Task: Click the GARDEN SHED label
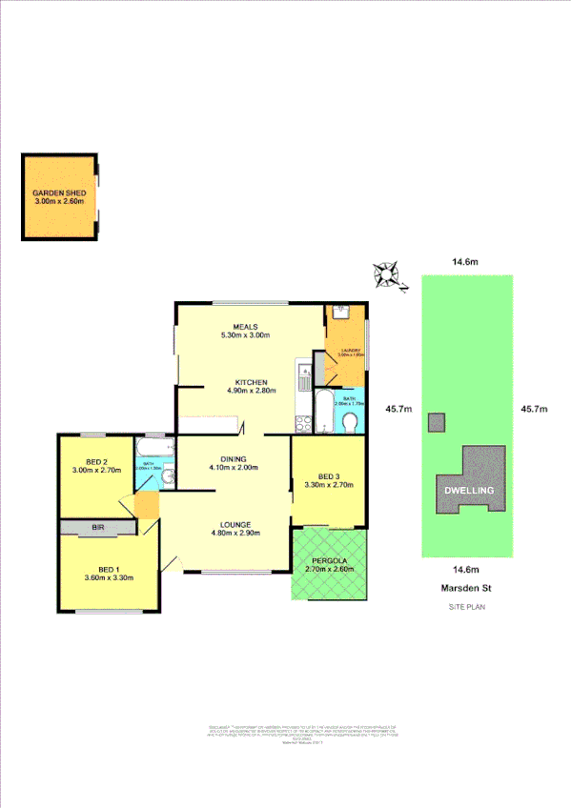[x=59, y=192]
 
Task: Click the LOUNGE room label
[x=234, y=524]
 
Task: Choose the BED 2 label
[x=94, y=460]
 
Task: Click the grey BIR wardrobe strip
[x=98, y=527]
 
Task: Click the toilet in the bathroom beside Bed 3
[x=351, y=421]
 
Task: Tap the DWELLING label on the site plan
[x=467, y=490]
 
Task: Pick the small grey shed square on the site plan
[x=437, y=422]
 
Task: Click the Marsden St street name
[x=466, y=588]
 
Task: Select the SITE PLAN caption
[x=466, y=607]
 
